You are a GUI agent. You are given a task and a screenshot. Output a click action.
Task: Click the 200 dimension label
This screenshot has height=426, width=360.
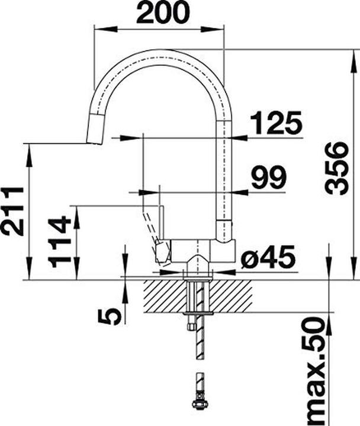163,12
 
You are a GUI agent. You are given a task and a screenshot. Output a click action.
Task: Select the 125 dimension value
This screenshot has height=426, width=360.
276,123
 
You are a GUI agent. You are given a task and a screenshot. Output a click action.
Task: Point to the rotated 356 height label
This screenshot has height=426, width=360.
337,169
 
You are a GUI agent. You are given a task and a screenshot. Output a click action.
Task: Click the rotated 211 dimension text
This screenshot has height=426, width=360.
12,211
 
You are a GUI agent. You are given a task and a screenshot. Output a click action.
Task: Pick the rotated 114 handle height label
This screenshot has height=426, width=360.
59,241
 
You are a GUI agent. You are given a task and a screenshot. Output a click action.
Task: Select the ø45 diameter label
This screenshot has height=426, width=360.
268,256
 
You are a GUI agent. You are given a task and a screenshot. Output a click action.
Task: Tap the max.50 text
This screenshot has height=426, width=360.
314,371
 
